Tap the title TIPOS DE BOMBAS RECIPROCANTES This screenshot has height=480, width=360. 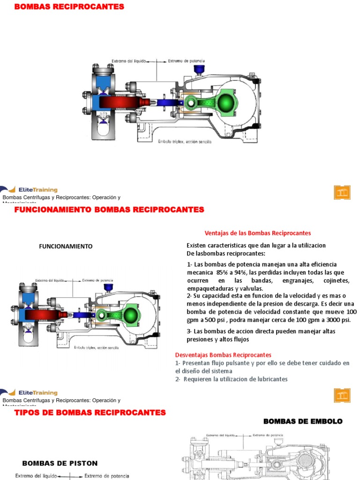pos(90,413)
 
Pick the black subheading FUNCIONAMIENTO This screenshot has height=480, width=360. pos(65,246)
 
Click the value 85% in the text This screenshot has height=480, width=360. pos(223,272)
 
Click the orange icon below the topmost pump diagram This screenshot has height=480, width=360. pos(342,192)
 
